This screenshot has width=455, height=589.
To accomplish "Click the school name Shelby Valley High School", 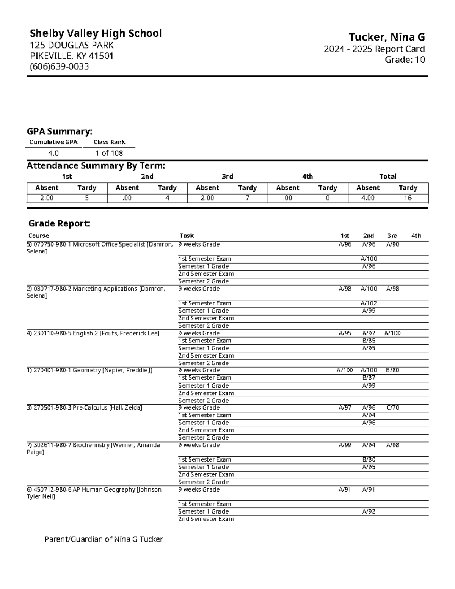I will point(96,33).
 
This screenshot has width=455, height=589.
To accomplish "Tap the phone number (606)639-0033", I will point(60,67).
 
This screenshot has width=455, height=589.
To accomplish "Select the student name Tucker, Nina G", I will point(386,37).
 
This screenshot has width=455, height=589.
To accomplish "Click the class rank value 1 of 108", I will point(109,153).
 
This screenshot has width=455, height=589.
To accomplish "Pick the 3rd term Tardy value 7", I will point(247,198).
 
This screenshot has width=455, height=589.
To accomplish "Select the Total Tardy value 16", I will point(408,198).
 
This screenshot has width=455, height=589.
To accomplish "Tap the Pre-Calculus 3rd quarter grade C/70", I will point(392,408).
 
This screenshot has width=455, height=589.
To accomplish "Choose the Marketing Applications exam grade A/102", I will point(369,303).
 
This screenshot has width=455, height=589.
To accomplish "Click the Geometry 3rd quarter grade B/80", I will point(392,370).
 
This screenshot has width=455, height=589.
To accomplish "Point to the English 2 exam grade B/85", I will point(369,341).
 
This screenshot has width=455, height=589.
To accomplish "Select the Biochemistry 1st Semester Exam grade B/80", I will point(369,460).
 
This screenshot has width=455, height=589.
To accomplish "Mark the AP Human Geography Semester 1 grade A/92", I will point(369,512).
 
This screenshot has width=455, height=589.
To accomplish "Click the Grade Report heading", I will point(59,224).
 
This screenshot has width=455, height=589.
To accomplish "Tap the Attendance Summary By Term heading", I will point(96,166).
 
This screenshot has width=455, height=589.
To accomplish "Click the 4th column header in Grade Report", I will point(416,236).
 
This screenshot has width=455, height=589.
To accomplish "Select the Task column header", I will point(187,236).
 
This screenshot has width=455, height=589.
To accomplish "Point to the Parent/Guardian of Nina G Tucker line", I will point(104,539).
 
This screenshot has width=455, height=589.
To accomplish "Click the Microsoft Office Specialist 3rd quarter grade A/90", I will point(392,245).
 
